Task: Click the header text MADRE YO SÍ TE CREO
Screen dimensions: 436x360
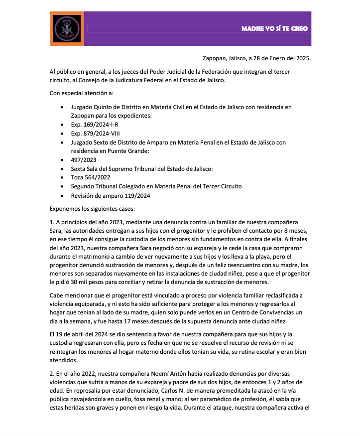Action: (275, 28)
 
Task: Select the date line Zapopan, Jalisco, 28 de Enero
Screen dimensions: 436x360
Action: (257, 58)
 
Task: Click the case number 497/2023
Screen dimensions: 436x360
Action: (84, 160)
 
